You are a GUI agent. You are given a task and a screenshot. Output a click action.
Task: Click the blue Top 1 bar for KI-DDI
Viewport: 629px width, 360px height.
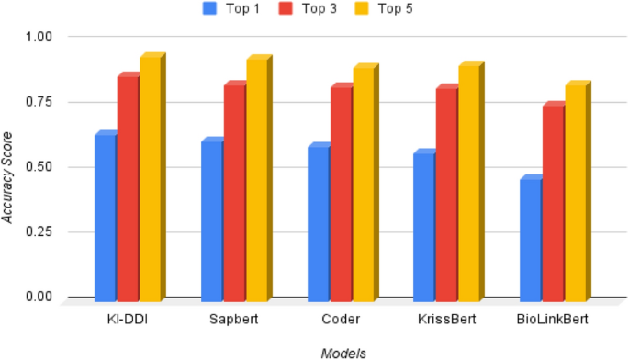(105, 217)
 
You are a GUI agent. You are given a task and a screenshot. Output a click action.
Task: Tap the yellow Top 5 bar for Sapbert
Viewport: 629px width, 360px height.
(256, 180)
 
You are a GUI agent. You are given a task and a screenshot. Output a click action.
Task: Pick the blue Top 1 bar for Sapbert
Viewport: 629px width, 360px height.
(211, 220)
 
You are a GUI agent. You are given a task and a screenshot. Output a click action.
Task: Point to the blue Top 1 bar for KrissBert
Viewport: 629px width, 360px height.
(424, 226)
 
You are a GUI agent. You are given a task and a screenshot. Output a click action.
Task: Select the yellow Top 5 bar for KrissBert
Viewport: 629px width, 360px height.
(469, 183)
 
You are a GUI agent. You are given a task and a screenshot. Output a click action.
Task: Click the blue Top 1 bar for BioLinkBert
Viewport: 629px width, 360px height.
(531, 239)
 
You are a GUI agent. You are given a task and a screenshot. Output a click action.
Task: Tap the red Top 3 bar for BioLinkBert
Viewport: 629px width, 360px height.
(553, 203)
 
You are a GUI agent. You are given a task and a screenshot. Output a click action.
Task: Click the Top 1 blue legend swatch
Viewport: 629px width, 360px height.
(208, 9)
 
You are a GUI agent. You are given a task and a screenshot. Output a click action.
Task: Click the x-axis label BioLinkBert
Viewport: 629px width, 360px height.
(554, 319)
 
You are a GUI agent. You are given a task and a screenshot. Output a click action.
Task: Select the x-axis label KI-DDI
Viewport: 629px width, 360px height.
(128, 319)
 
